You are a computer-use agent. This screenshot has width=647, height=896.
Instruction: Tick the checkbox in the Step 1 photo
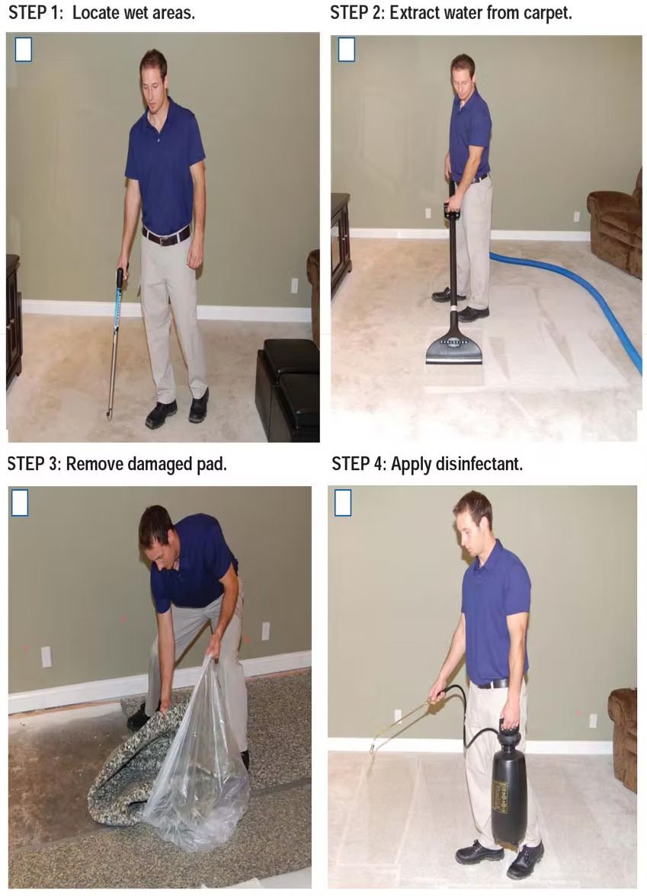[24, 50]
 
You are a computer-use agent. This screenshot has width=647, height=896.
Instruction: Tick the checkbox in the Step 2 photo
[347, 50]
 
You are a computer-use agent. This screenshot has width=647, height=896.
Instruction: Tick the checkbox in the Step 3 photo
[20, 503]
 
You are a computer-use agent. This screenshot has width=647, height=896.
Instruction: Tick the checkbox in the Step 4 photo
[343, 503]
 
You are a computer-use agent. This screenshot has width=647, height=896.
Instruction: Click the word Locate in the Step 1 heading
[95, 13]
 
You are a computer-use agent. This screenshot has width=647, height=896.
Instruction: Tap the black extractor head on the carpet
[454, 347]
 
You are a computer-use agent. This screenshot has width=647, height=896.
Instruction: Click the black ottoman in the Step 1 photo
[288, 389]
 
